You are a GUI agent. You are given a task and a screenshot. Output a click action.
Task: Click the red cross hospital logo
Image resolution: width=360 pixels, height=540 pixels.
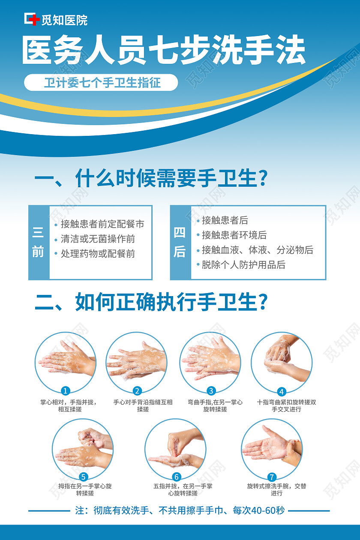click(31, 19)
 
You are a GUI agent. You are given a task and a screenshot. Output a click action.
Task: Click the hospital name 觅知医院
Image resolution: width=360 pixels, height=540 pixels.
click(64, 20)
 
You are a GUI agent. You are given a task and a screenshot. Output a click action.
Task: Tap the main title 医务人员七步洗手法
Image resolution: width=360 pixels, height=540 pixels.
click(163, 51)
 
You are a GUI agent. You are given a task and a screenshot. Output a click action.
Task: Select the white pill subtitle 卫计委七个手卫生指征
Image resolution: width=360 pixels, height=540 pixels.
click(101, 82)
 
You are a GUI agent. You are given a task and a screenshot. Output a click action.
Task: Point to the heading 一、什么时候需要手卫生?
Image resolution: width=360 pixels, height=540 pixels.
click(151, 178)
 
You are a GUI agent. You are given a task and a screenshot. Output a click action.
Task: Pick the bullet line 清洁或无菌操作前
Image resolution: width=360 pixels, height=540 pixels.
click(98, 239)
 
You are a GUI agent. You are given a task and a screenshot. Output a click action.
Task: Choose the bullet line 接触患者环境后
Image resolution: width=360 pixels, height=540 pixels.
click(234, 235)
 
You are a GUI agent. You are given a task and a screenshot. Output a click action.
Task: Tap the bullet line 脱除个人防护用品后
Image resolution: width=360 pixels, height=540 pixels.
click(243, 265)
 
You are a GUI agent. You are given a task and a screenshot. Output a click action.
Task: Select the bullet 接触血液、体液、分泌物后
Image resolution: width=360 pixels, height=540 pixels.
click(257, 250)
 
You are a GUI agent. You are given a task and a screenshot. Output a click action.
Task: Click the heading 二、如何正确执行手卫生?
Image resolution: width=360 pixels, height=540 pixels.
click(151, 302)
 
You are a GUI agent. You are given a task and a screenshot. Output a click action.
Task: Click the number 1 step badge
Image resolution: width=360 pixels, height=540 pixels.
click(66, 390)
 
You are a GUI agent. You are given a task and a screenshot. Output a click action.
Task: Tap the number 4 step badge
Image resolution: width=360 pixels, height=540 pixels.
click(282, 391)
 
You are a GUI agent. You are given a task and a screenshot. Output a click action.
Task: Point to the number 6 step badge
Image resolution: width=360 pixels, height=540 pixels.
click(176, 477)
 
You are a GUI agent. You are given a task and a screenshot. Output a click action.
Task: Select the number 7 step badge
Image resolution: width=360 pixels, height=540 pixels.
click(272, 477)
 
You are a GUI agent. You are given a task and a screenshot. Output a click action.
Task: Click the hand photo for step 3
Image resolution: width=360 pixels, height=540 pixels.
click(210, 362)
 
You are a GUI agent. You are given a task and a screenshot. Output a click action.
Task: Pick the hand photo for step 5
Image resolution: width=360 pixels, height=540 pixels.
click(83, 448)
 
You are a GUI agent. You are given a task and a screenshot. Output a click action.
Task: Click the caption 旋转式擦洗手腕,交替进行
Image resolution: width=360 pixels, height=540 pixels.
click(276, 490)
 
